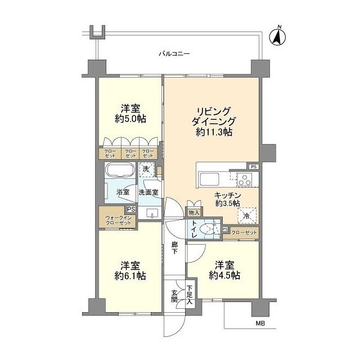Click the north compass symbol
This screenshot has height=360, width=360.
tap(277, 37)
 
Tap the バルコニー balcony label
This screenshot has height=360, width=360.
tap(175, 54)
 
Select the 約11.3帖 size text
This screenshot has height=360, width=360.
tap(214, 132)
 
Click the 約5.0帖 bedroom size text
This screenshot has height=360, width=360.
tap(130, 119)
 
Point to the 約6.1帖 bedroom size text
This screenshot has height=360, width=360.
tap(130, 276)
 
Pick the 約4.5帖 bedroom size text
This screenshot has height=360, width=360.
tap(224, 275)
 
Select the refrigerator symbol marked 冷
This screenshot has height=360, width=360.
tap(246, 215)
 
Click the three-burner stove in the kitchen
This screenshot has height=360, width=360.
tap(245, 179)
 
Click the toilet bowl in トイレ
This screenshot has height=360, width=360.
tap(208, 229)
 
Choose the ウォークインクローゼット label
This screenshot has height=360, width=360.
tap(118, 220)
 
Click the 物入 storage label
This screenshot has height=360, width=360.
tap(193, 213)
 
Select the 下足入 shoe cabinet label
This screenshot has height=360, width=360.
tap(189, 295)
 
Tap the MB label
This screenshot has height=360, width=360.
tap(260, 323)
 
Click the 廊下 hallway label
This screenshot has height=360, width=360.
tap(175, 248)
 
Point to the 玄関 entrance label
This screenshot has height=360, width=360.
tap(174, 296)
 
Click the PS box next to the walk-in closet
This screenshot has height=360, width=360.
tap(131, 209)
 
